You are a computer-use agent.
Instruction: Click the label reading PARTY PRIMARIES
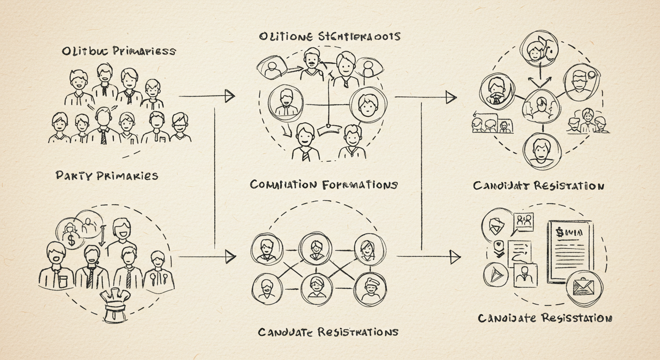coord(106,176)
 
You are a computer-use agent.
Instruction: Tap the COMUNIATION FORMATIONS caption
coord(323,185)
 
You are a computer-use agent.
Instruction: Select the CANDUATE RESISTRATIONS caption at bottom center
coord(328,332)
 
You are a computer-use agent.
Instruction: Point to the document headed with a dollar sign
coord(570,251)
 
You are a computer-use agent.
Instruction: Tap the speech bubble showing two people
coord(524,221)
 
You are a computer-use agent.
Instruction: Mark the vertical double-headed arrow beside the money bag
coord(102,235)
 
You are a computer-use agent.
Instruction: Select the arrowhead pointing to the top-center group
coord(229,96)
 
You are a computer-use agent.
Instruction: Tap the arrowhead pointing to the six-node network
coord(229,256)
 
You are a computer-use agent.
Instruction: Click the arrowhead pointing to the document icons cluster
coord(454,256)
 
